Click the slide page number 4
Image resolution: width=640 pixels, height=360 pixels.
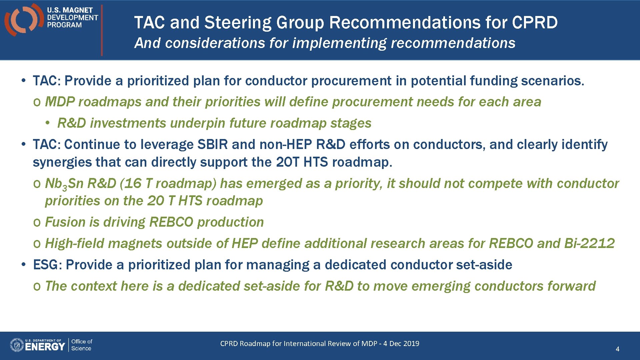click(x=617, y=349)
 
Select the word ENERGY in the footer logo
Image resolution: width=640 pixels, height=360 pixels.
click(x=45, y=347)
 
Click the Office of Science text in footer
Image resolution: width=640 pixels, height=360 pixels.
click(x=81, y=345)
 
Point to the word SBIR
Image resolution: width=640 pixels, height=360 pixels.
click(x=213, y=145)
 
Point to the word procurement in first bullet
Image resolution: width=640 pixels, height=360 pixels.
click(x=351, y=81)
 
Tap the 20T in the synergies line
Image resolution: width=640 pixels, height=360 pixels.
click(x=288, y=162)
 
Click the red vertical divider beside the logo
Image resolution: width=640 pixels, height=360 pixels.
click(x=102, y=30)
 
